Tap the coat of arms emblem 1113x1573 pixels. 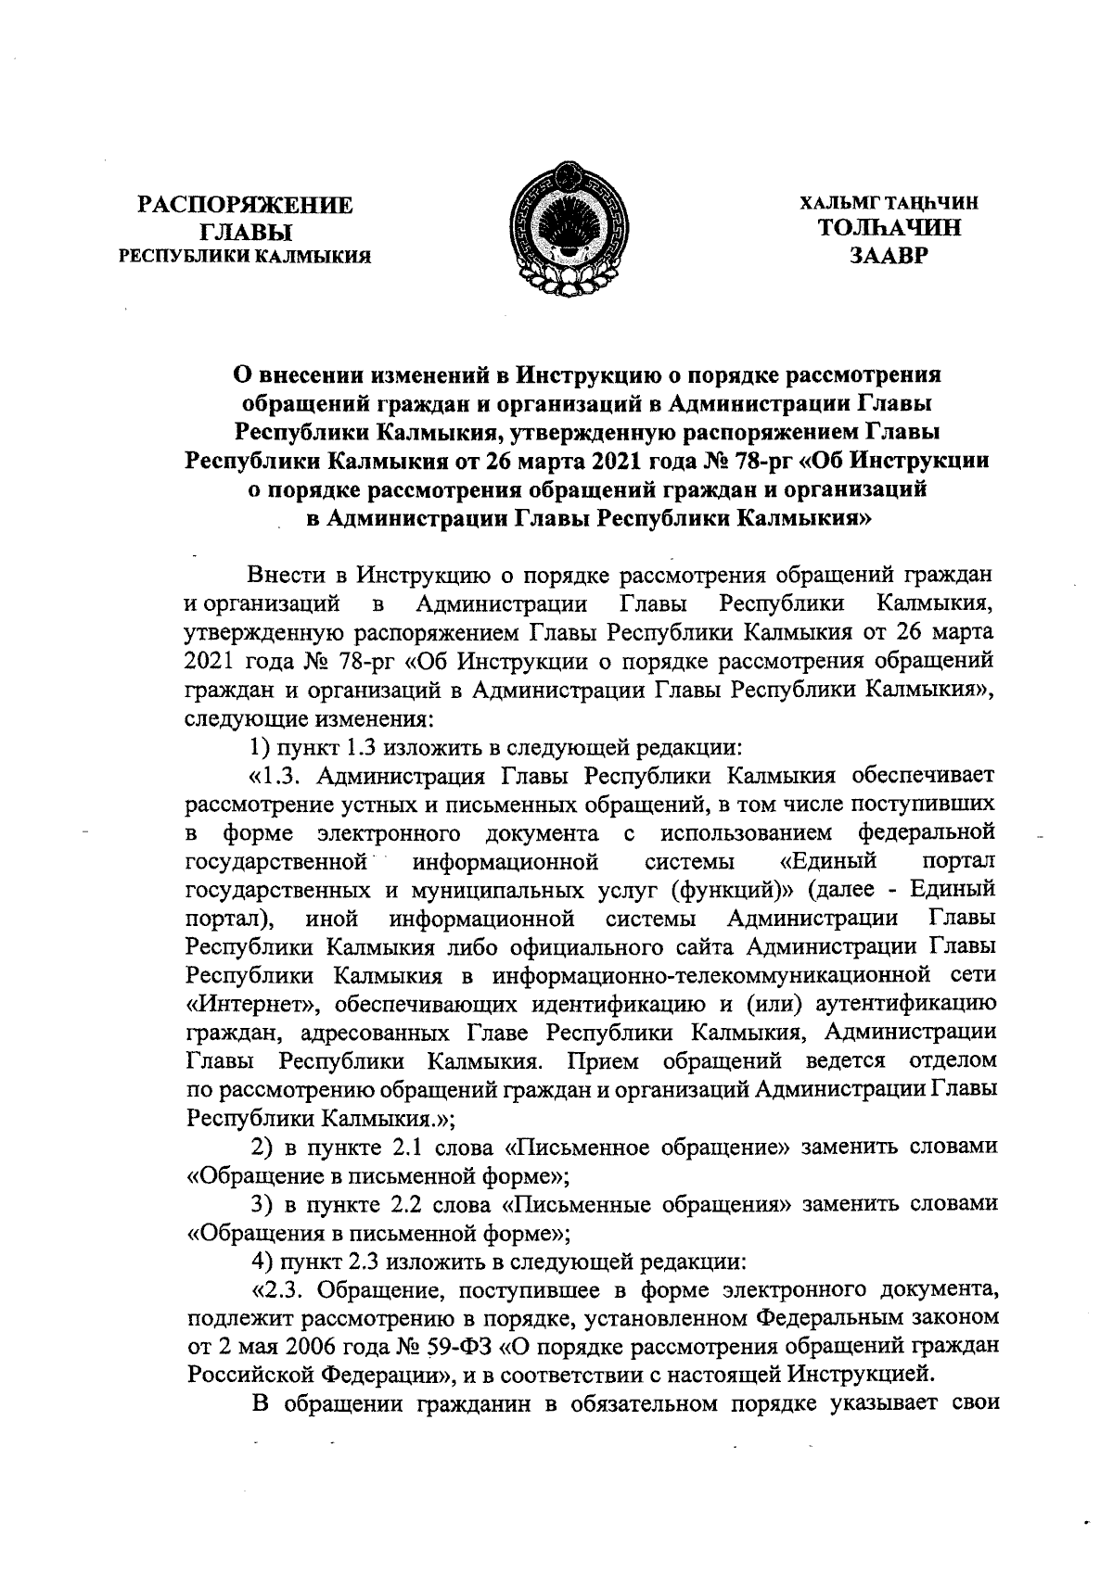pyautogui.click(x=569, y=228)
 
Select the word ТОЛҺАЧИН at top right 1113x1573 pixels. pyautogui.click(x=888, y=228)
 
